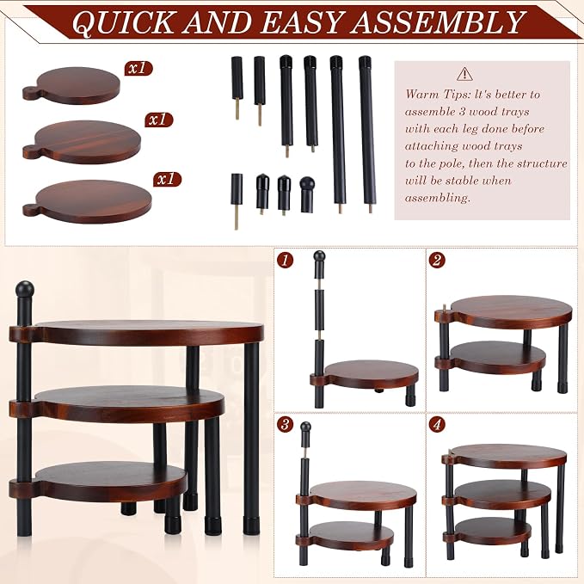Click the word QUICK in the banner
pyautogui.click(x=122, y=22)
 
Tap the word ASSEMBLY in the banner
pyautogui.click(x=440, y=22)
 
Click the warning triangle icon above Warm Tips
pyautogui.click(x=464, y=74)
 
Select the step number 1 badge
pyautogui.click(x=285, y=260)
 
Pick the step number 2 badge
pyautogui.click(x=437, y=260)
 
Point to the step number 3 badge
pyautogui.click(x=285, y=425)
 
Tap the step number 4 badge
pyautogui.click(x=437, y=425)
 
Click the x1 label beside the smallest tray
pyautogui.click(x=138, y=69)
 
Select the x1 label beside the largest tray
pyautogui.click(x=167, y=180)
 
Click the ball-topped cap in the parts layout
pyautogui.click(x=307, y=194)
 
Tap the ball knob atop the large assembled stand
pyautogui.click(x=25, y=290)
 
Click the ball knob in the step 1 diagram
pyautogui.click(x=319, y=256)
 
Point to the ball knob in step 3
pyautogui.click(x=306, y=427)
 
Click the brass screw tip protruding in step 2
pyautogui.click(x=444, y=308)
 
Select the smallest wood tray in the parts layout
pyautogui.click(x=71, y=85)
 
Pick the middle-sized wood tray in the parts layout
pyautogui.click(x=82, y=142)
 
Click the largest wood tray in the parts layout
pyautogui.click(x=87, y=201)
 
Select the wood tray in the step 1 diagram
pyautogui.click(x=365, y=374)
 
